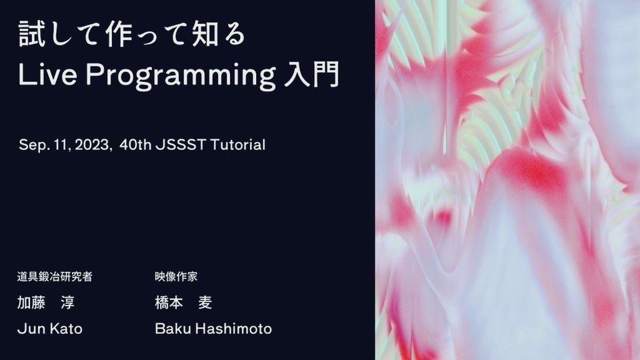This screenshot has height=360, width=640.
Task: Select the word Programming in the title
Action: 181,76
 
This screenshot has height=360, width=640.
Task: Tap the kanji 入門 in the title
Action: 311,74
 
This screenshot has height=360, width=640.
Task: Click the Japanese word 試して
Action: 59,33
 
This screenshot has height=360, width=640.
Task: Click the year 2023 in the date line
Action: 92,145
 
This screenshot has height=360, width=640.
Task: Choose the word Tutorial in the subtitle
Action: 237,145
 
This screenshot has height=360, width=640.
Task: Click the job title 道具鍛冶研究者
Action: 55,276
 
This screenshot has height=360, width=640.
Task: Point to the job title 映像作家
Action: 176,276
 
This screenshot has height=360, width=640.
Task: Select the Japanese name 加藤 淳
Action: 46,303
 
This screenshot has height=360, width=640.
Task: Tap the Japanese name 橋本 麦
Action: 183,303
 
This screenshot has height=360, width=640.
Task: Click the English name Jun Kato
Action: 50,329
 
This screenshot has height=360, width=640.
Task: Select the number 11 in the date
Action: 60,145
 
